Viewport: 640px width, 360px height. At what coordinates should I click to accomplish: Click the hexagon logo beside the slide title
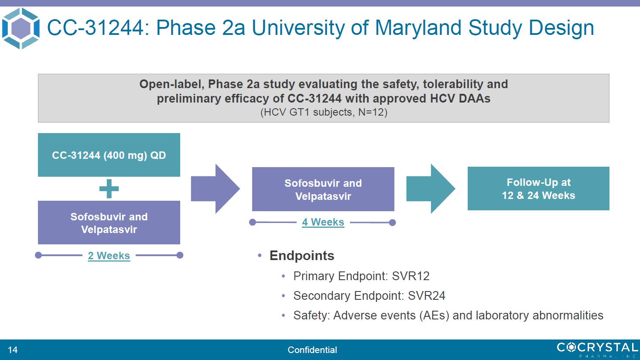(x=21, y=28)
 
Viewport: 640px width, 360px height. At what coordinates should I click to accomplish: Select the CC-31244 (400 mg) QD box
(x=109, y=155)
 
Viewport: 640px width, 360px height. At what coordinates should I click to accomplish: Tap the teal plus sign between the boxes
(x=109, y=189)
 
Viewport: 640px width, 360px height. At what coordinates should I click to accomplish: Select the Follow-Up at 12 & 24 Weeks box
(x=538, y=189)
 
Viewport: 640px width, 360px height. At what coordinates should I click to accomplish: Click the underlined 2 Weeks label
(x=109, y=256)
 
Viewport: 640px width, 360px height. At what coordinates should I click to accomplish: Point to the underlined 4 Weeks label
(x=323, y=222)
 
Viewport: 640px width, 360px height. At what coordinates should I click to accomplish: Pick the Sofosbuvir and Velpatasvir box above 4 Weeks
(x=323, y=189)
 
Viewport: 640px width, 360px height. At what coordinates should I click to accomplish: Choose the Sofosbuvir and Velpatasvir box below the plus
(x=109, y=223)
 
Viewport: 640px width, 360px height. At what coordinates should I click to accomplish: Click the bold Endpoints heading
(x=302, y=256)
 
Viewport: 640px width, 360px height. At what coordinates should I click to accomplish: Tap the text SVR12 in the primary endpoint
(x=411, y=276)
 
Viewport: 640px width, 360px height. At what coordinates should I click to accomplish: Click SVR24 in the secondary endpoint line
(x=426, y=296)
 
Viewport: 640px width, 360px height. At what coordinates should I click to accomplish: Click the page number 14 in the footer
(x=13, y=350)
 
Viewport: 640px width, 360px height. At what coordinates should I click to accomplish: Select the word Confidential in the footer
(x=312, y=350)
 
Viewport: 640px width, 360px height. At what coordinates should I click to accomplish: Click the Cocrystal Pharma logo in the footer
(x=597, y=350)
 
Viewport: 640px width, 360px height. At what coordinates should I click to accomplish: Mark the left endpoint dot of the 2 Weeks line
(x=38, y=255)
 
